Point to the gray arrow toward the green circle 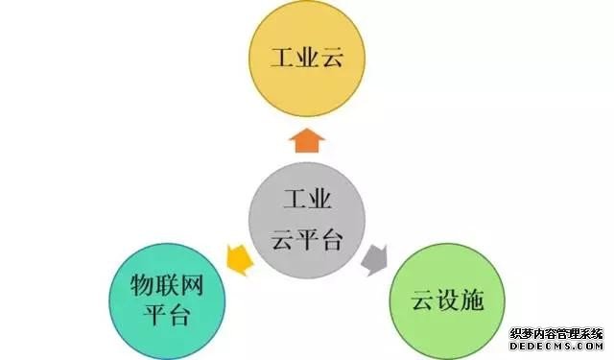pyautogui.click(x=375, y=257)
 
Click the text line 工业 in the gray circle pyautogui.click(x=307, y=202)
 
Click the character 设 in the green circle pyautogui.click(x=445, y=301)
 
